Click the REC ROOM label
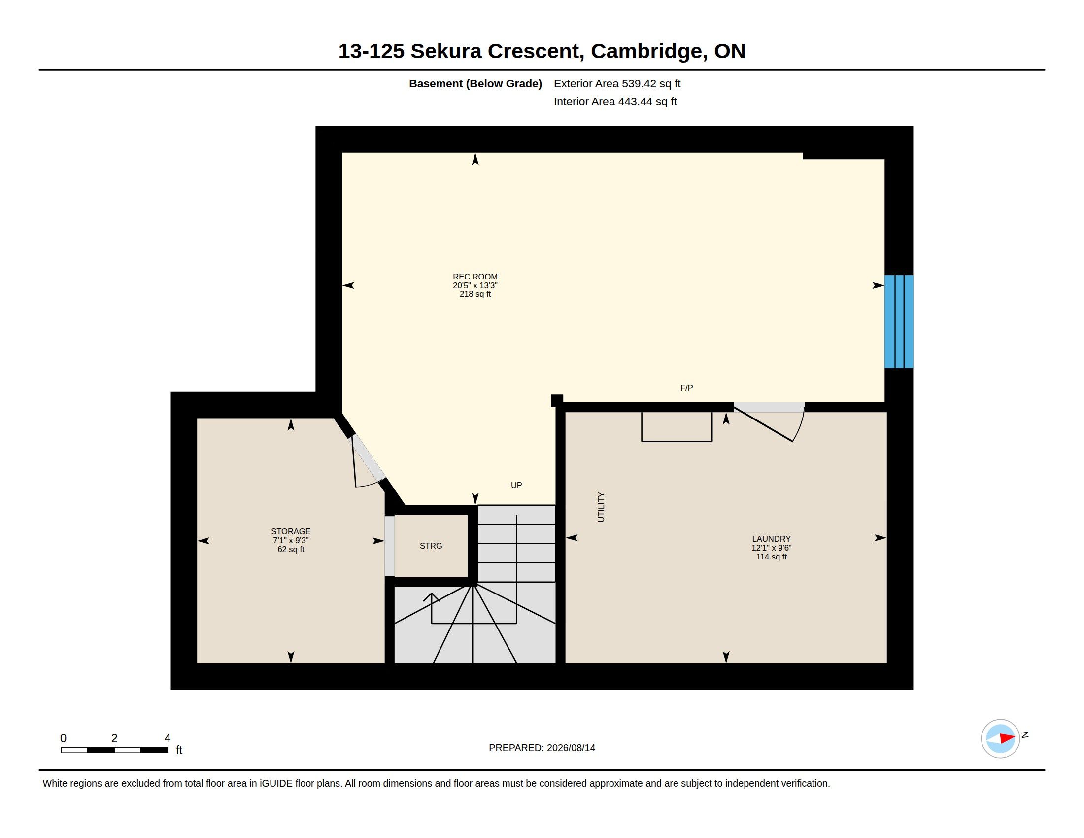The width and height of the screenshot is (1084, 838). click(475, 277)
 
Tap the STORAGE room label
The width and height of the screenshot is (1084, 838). click(291, 531)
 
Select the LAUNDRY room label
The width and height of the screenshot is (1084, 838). click(771, 539)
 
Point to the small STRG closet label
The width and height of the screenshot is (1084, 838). click(431, 546)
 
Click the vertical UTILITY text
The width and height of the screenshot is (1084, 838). click(601, 507)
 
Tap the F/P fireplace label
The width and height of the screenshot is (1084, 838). click(686, 388)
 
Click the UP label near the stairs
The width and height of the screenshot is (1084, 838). click(516, 485)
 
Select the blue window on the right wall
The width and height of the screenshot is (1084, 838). click(899, 321)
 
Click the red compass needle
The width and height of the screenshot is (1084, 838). click(1007, 738)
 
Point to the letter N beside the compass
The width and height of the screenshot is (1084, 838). click(1024, 735)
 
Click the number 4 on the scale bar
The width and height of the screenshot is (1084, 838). click(167, 738)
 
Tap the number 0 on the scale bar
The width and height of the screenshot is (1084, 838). click(64, 738)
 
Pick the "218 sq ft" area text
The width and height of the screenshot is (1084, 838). click(475, 294)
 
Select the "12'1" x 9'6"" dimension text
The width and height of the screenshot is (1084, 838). click(771, 548)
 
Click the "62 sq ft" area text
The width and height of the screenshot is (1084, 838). click(291, 549)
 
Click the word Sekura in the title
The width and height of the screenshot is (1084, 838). click(446, 51)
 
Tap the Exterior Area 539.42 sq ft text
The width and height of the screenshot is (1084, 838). click(617, 83)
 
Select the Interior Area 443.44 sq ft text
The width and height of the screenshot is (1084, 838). click(615, 101)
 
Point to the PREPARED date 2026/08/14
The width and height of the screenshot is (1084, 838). click(571, 748)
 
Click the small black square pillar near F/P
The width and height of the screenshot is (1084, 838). click(557, 401)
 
